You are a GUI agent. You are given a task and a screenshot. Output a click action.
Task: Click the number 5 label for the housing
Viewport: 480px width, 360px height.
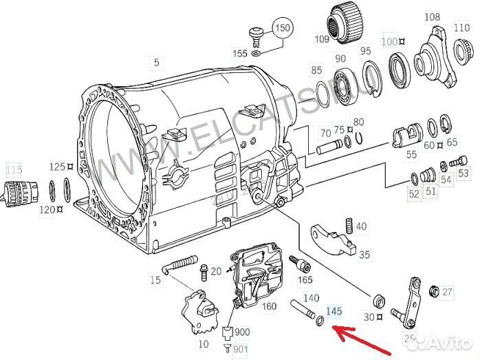point(156,63)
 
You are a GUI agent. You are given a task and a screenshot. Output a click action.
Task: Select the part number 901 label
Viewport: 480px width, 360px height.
point(241,350)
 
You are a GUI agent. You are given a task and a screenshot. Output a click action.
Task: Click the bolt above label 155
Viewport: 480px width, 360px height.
point(256,32)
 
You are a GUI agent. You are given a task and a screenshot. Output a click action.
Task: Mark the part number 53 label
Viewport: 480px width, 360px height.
point(463,173)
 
